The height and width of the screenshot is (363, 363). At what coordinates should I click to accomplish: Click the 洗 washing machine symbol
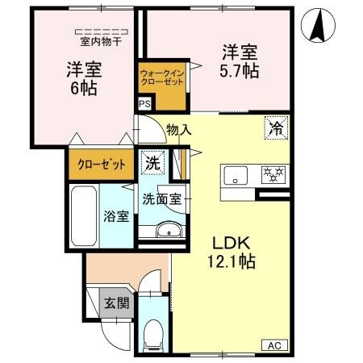[152, 162]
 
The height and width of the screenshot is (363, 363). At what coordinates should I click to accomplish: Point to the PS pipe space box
[144, 104]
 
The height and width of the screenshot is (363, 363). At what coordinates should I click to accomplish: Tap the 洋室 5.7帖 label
[240, 62]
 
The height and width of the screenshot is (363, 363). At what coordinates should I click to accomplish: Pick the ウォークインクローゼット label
[162, 79]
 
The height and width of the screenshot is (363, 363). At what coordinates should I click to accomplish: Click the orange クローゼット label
[101, 165]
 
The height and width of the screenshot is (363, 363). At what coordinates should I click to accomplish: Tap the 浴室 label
[115, 216]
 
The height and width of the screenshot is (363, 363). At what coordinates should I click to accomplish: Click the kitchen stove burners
[273, 173]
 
